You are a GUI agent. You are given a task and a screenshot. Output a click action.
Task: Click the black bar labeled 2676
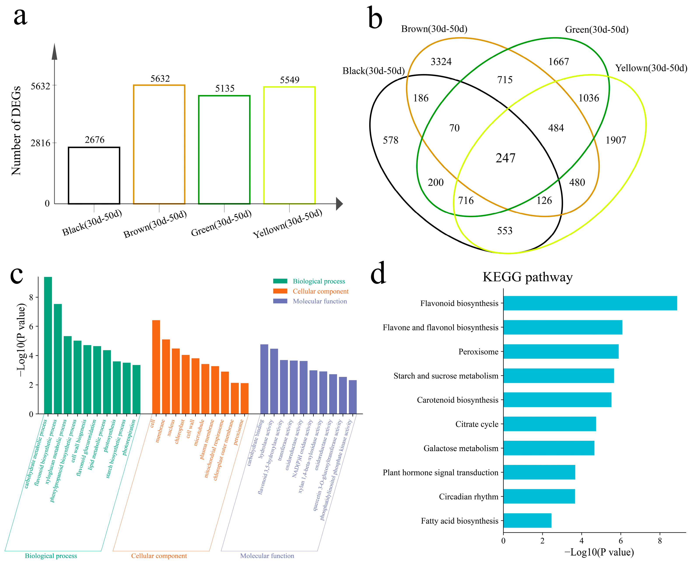94,175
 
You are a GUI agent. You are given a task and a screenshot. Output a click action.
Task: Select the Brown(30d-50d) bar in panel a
159,144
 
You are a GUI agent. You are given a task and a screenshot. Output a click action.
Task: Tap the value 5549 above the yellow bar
289,80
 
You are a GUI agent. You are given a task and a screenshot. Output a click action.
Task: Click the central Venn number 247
505,158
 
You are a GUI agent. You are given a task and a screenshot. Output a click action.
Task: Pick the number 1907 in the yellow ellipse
616,140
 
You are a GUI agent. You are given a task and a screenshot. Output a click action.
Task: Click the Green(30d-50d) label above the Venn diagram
597,30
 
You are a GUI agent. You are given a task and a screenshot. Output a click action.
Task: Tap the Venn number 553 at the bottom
504,231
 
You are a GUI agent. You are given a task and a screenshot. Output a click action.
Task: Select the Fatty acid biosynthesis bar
527,521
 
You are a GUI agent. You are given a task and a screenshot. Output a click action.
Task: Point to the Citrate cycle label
477,424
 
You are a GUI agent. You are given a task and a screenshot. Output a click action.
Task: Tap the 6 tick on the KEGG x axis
620,541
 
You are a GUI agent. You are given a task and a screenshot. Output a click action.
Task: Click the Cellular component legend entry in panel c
320,291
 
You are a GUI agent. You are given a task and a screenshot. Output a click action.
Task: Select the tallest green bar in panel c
48,345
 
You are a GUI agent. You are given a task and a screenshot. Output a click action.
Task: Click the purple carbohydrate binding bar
264,379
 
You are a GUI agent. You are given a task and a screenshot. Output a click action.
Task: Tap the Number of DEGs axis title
16,131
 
